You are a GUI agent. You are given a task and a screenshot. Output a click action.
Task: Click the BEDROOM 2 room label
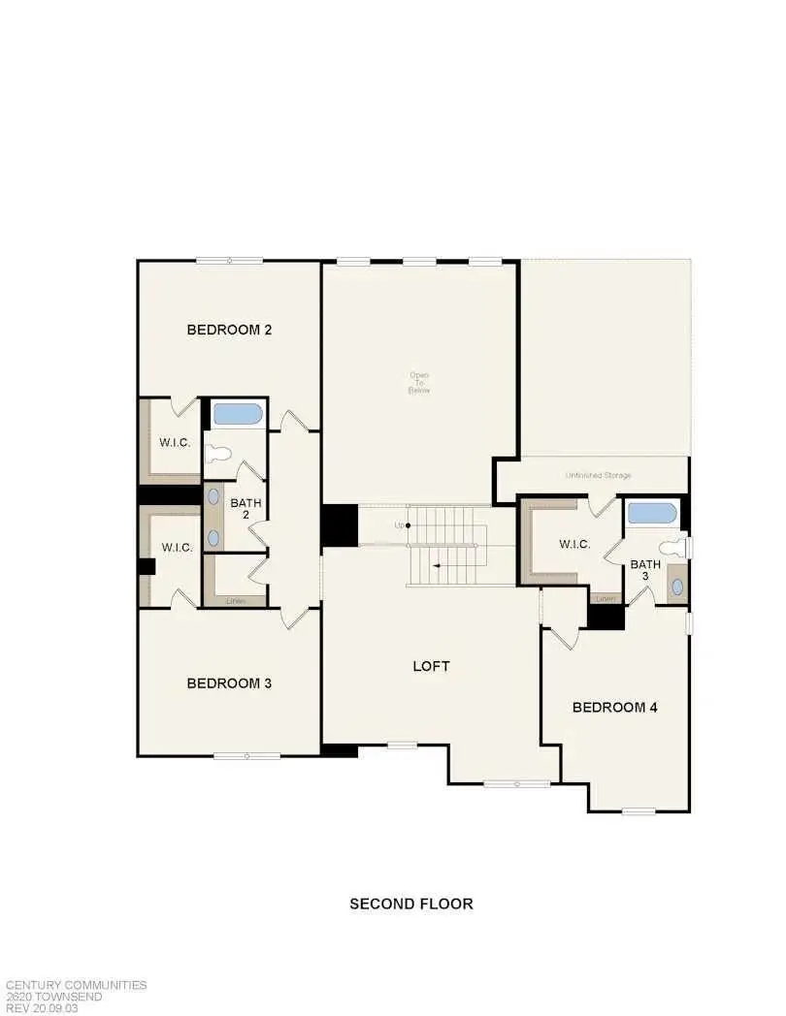click(x=229, y=330)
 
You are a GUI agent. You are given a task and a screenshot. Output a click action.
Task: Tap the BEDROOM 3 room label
click(x=229, y=683)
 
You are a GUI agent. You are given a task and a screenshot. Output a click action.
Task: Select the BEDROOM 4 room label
click(x=615, y=708)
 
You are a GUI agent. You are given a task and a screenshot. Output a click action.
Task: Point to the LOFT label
click(x=432, y=666)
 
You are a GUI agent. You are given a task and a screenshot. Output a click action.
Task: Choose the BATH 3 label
click(x=645, y=570)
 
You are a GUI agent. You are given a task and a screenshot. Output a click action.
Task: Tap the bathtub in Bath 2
click(x=237, y=414)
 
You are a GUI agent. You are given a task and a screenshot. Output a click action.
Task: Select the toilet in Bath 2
click(x=217, y=452)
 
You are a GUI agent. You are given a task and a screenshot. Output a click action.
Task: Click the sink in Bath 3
click(x=675, y=587)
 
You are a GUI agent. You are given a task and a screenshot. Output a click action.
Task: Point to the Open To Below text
click(x=419, y=382)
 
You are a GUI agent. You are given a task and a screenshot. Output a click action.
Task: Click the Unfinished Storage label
click(x=599, y=475)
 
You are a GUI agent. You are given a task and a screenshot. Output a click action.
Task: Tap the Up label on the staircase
click(x=399, y=525)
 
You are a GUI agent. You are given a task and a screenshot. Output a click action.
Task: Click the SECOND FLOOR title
click(x=411, y=904)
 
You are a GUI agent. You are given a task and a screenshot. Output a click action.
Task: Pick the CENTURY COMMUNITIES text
click(x=75, y=985)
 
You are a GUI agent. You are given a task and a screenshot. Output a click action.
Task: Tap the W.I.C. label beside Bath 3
click(x=574, y=545)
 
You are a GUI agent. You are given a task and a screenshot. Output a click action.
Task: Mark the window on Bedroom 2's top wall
click(x=229, y=260)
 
